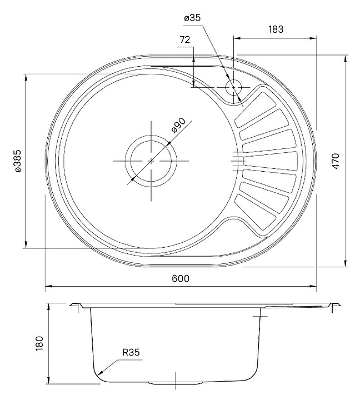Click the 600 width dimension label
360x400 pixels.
pos(181,278)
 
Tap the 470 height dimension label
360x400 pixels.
pos(336,160)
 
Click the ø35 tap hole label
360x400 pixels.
pos(192,18)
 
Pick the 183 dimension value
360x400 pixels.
pos(276,29)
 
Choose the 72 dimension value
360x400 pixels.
pos(185,39)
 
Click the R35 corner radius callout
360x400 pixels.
pos(131,352)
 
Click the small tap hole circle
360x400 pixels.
pos(233,87)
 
